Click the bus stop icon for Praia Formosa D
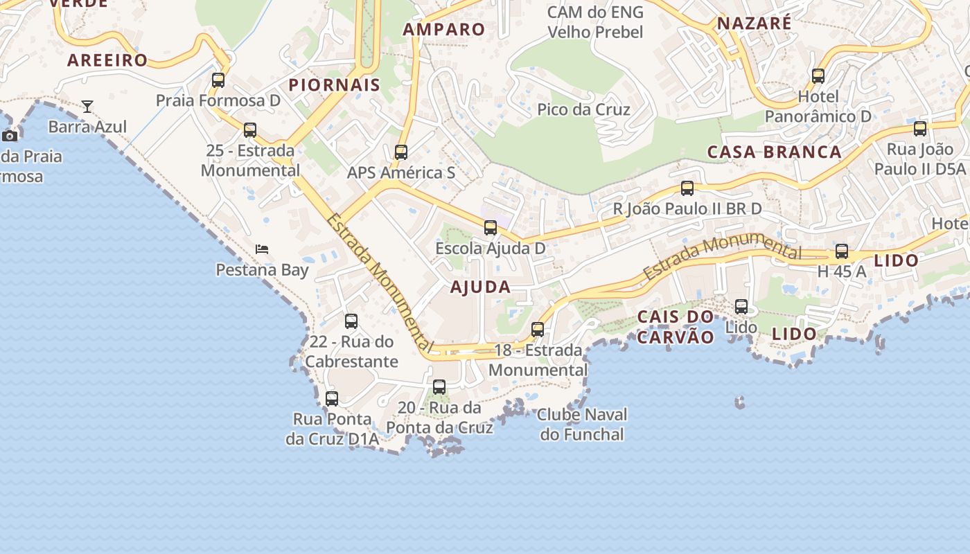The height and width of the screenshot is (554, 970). pyautogui.click(x=218, y=80)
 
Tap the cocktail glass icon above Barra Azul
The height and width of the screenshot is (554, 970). pyautogui.click(x=87, y=106)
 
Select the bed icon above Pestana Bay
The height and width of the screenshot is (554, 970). pyautogui.click(x=262, y=249)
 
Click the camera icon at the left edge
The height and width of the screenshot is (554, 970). pyautogui.click(x=10, y=136)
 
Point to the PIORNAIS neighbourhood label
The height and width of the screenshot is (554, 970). pyautogui.click(x=335, y=85)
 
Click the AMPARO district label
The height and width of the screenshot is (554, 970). pyautogui.click(x=444, y=29)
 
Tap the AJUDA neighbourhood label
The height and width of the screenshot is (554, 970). pyautogui.click(x=480, y=287)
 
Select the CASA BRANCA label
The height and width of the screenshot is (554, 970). pyautogui.click(x=774, y=152)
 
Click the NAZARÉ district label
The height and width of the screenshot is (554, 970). pyautogui.click(x=754, y=23)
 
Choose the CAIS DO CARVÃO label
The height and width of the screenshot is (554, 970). pyautogui.click(x=676, y=327)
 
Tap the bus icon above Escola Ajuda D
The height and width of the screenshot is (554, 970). pyautogui.click(x=491, y=228)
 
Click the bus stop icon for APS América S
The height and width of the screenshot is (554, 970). pyautogui.click(x=401, y=152)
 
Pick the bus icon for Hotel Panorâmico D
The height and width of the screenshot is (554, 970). pyautogui.click(x=818, y=76)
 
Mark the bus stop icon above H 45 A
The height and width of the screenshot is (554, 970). pyautogui.click(x=842, y=251)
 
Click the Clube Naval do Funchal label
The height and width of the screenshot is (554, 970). pyautogui.click(x=582, y=425)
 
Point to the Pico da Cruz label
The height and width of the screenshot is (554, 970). pyautogui.click(x=583, y=109)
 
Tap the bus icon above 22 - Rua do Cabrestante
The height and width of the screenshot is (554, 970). pyautogui.click(x=351, y=321)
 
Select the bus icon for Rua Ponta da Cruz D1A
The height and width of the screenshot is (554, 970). pyautogui.click(x=332, y=399)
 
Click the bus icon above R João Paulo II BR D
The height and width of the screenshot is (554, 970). pyautogui.click(x=687, y=188)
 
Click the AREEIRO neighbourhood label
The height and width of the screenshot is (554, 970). pyautogui.click(x=107, y=60)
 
